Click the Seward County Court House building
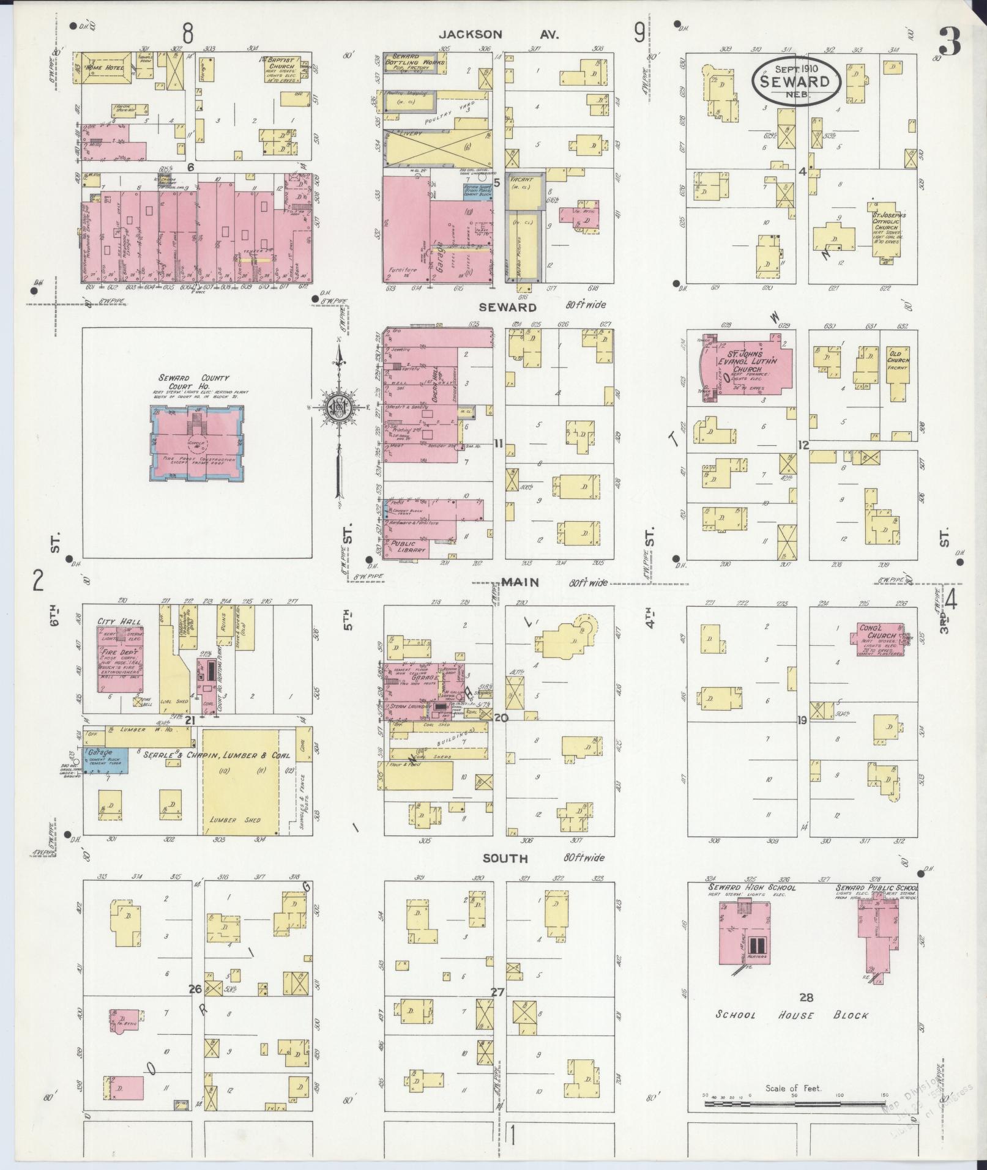click(196, 442)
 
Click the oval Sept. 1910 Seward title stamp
click(796, 81)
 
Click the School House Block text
click(792, 1015)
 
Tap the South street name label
click(505, 858)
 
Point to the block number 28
click(806, 997)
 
